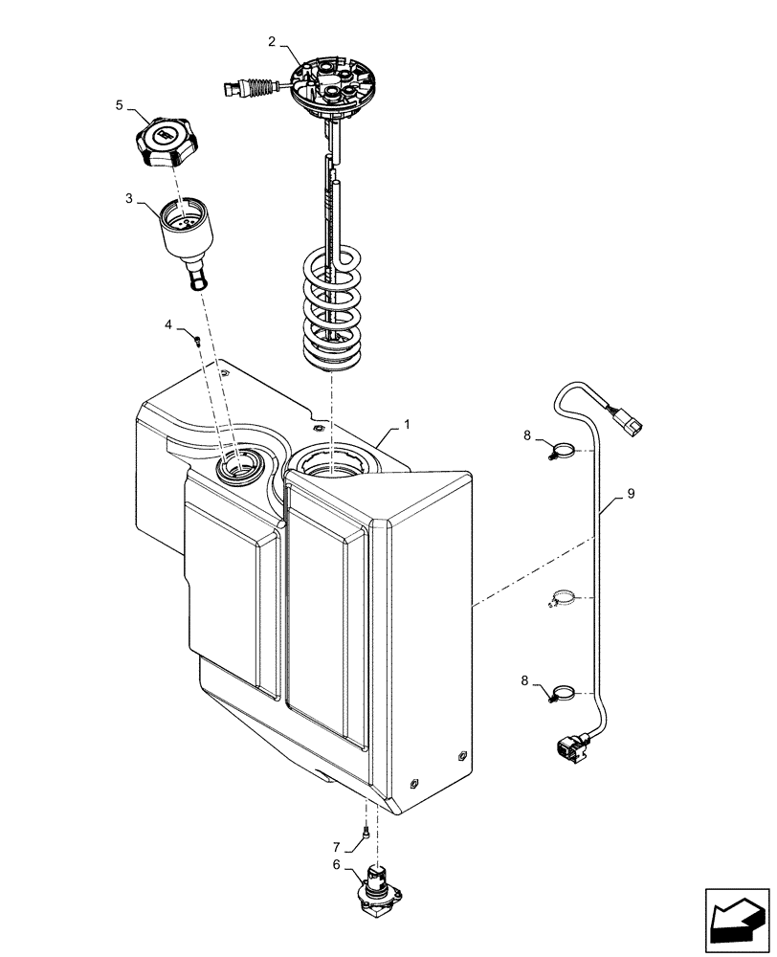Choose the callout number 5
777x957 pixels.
pyautogui.click(x=120, y=105)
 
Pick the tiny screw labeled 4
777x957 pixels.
pyautogui.click(x=195, y=338)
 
